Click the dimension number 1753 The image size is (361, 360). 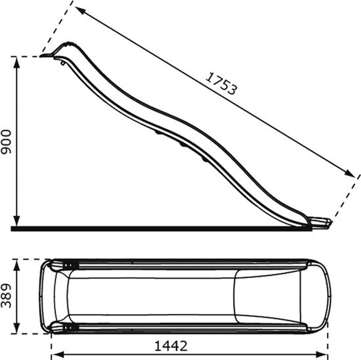tap(221, 84)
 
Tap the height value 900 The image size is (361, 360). tap(6, 142)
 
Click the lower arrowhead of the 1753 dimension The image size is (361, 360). tap(350, 173)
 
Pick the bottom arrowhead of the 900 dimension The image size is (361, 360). tap(17, 221)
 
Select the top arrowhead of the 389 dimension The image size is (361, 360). tap(17, 265)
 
